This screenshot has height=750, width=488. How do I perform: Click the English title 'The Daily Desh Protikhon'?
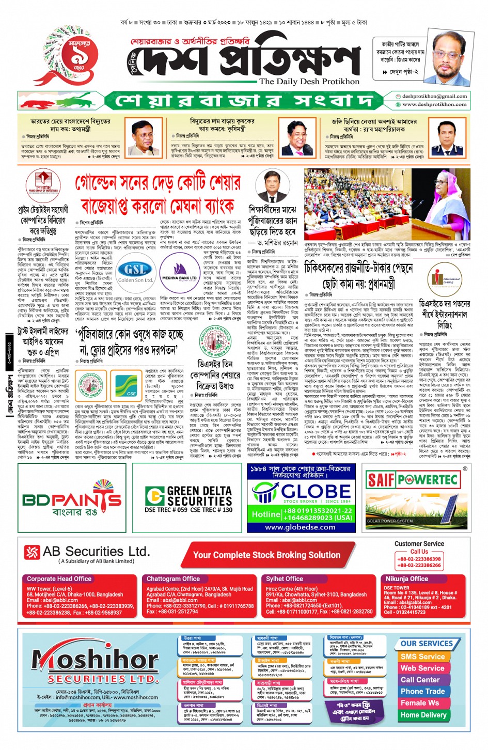coord(309,82)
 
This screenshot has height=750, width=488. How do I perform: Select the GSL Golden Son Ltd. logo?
coord(135,272)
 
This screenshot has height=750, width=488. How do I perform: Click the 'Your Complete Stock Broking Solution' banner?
coord(266,555)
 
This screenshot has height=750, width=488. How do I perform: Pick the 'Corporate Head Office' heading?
coord(59,579)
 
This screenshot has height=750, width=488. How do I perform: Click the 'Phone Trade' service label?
coord(422,691)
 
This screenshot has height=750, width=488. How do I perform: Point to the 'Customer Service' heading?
coord(419,544)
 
